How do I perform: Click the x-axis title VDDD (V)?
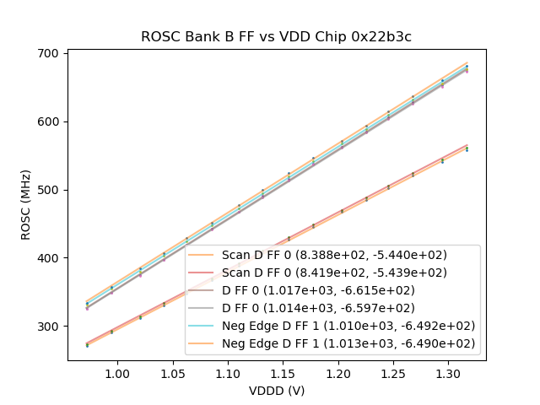coord(276,391)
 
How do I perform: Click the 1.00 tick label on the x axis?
coord(117,373)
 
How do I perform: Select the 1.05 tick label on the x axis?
coord(172,373)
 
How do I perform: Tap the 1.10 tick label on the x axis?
coord(228,373)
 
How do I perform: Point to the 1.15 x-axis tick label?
coord(283,373)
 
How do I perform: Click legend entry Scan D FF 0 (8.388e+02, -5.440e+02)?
coord(334,254)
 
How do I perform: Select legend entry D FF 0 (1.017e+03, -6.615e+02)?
coord(332,290)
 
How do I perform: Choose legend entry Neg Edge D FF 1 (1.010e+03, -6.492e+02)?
coord(348,326)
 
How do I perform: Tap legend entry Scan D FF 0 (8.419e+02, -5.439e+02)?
coord(334,272)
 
